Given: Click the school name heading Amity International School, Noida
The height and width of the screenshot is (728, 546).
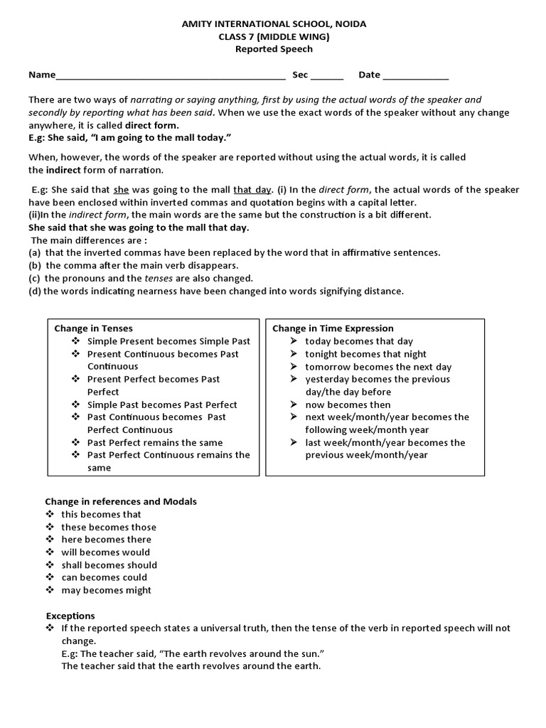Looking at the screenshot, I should (x=274, y=24).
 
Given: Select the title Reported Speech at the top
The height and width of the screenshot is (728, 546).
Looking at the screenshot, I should (x=274, y=49).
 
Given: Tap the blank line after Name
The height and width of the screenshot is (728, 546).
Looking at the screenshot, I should (x=170, y=76).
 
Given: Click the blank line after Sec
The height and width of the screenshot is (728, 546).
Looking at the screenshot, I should (x=327, y=76).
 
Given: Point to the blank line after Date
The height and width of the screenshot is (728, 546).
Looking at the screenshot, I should (x=416, y=76).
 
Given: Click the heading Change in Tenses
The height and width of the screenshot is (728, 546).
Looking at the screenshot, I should (x=93, y=328).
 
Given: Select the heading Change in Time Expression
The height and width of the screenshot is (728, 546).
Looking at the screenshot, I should (x=333, y=328).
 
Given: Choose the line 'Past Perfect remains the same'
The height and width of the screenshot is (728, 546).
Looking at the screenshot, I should (x=155, y=442).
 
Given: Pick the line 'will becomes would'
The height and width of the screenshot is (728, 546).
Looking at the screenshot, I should (x=105, y=552).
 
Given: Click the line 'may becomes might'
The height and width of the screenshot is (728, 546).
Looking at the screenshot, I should (x=106, y=590).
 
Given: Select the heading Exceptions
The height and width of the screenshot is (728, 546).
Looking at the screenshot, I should (x=70, y=616).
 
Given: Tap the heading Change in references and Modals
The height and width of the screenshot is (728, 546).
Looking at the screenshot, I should (x=121, y=501).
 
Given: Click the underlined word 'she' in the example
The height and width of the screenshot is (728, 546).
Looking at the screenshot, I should (x=121, y=190).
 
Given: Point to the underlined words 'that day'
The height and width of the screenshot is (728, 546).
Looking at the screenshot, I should (x=252, y=190).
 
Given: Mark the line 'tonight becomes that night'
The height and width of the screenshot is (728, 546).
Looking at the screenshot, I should (x=365, y=354).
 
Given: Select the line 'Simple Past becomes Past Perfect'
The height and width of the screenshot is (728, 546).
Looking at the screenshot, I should (x=162, y=405).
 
